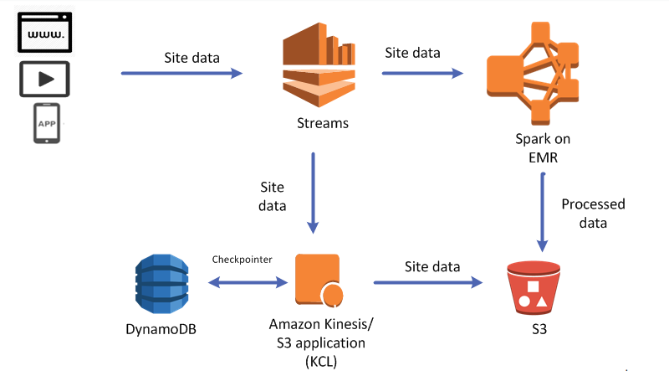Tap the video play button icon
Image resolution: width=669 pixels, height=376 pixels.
tap(44, 80)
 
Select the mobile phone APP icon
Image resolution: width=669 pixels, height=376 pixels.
tap(47, 124)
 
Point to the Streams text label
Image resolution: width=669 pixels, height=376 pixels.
tap(322, 124)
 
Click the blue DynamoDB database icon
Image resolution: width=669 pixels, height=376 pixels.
tap(159, 282)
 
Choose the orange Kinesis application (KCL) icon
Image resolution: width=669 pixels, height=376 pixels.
tap(317, 280)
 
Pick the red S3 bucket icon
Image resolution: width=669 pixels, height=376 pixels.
tap(533, 286)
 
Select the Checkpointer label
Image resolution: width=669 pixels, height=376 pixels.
tap(243, 260)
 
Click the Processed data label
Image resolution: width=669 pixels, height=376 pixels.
tap(593, 213)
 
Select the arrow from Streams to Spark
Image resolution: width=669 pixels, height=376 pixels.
tap(422, 74)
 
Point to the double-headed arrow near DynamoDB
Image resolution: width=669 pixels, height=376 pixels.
tap(243, 282)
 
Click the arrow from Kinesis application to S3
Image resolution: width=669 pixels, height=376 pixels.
tap(432, 282)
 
